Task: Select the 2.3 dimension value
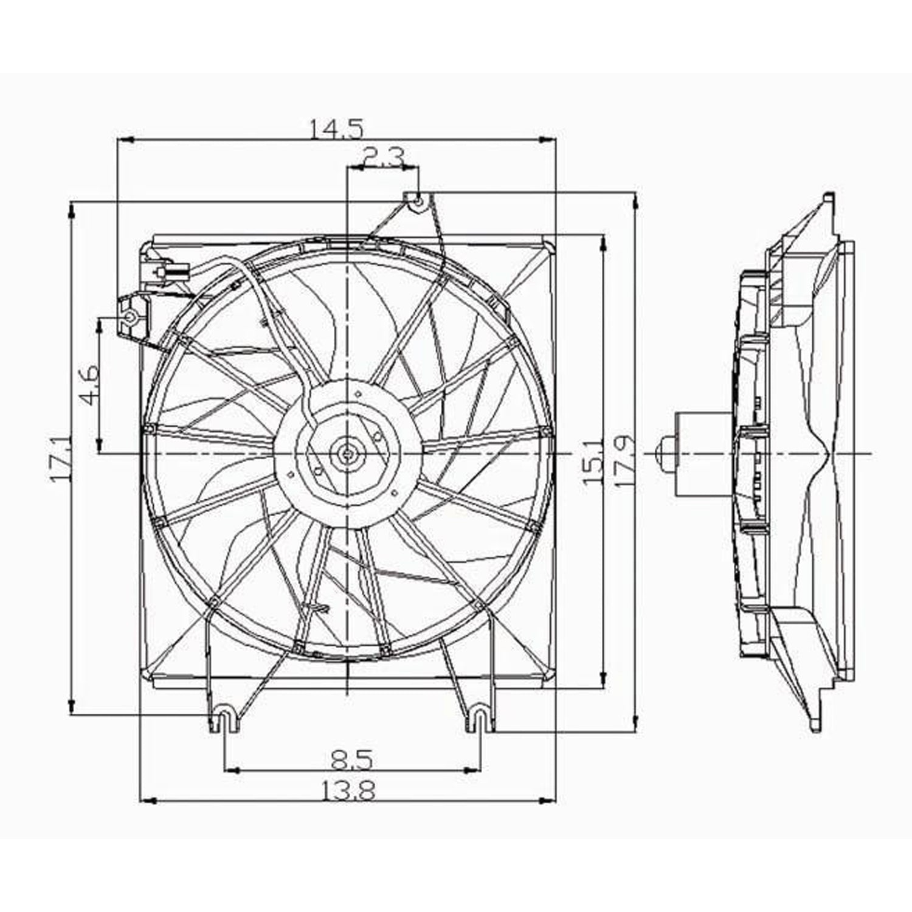click(381, 159)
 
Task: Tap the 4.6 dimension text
click(89, 385)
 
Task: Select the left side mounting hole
click(130, 317)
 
